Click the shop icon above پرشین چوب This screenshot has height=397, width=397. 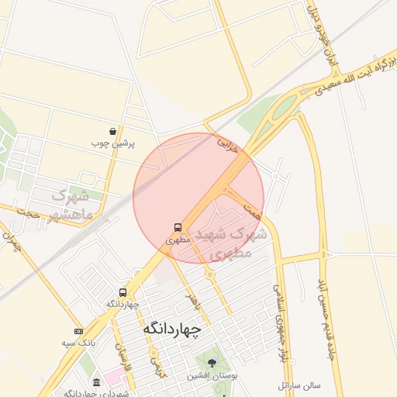(x=113, y=131)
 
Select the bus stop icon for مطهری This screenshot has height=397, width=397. (x=178, y=228)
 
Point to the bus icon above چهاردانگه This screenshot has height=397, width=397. (x=123, y=292)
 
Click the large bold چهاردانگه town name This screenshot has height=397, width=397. (x=171, y=329)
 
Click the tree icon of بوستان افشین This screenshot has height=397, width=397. (x=211, y=362)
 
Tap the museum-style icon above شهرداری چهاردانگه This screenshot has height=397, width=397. (x=95, y=383)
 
